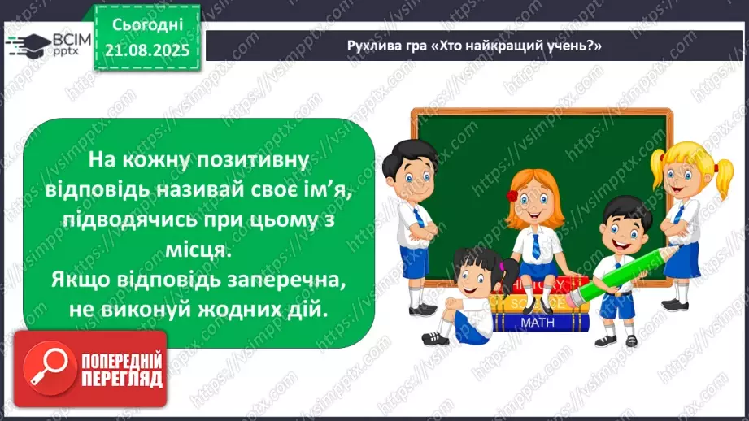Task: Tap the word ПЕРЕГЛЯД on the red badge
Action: pyautogui.click(x=121, y=380)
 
